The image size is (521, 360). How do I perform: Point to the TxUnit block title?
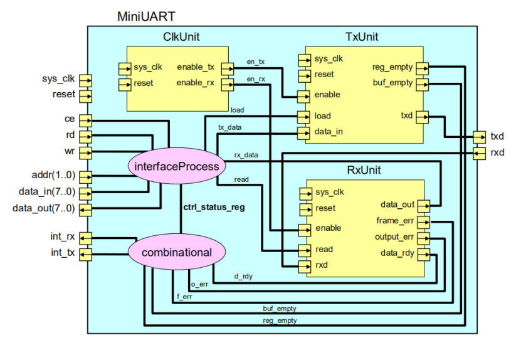362,37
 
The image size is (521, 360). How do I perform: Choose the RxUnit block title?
364,170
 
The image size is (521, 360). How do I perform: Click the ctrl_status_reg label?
214,207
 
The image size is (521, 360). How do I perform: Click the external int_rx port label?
63,237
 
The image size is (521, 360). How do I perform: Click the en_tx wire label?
255,61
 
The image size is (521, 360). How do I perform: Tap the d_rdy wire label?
243,275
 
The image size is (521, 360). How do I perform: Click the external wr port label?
70,151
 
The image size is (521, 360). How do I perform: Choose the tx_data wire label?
229,127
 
